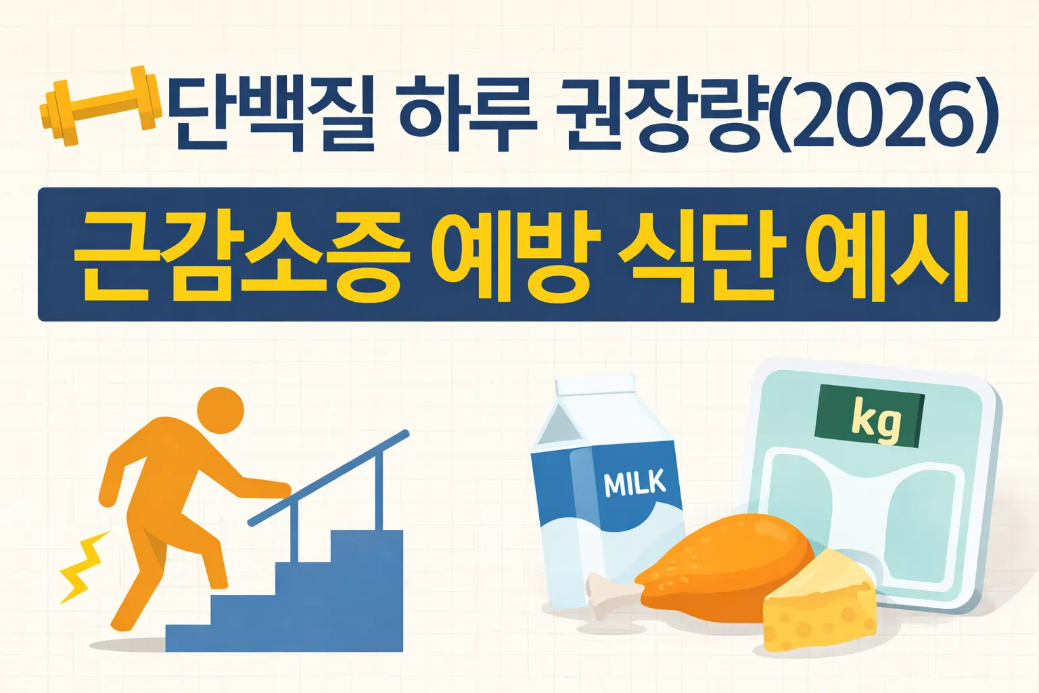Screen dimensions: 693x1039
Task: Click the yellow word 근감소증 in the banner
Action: (x=241, y=256)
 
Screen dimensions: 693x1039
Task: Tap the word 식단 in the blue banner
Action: (x=701, y=256)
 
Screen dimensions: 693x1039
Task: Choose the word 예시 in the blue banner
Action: (x=887, y=256)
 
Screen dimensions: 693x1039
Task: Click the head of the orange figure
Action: (x=221, y=410)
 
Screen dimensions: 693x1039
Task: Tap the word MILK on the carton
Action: (x=634, y=483)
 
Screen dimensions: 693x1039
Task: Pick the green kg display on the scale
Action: (x=870, y=417)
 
